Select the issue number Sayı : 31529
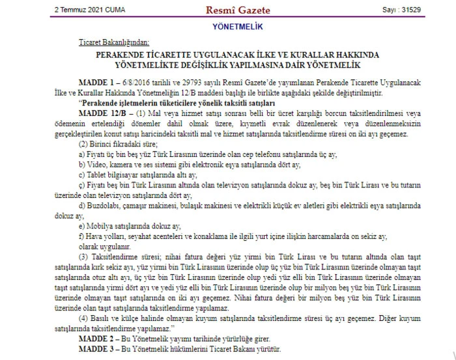click(402, 10)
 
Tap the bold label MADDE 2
click(97, 340)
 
